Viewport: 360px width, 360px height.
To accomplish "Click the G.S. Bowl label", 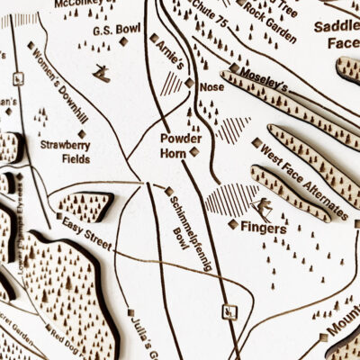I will [117, 29].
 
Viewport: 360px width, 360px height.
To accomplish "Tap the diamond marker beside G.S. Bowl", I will [123, 40].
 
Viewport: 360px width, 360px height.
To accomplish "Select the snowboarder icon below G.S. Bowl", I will [103, 74].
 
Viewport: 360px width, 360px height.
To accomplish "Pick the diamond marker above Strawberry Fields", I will [82, 134].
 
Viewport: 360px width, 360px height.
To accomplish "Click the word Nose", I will [211, 87].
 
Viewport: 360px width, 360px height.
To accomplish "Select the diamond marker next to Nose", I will [189, 83].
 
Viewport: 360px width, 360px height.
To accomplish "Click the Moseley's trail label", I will [263, 85].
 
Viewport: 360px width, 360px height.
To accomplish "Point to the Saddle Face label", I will [337, 34].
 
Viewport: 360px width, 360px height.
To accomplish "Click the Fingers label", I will [263, 229].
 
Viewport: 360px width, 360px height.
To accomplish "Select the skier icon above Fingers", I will [265, 209].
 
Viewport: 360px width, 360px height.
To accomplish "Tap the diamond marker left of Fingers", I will [233, 224].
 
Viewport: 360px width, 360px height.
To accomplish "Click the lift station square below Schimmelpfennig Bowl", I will [229, 311].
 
